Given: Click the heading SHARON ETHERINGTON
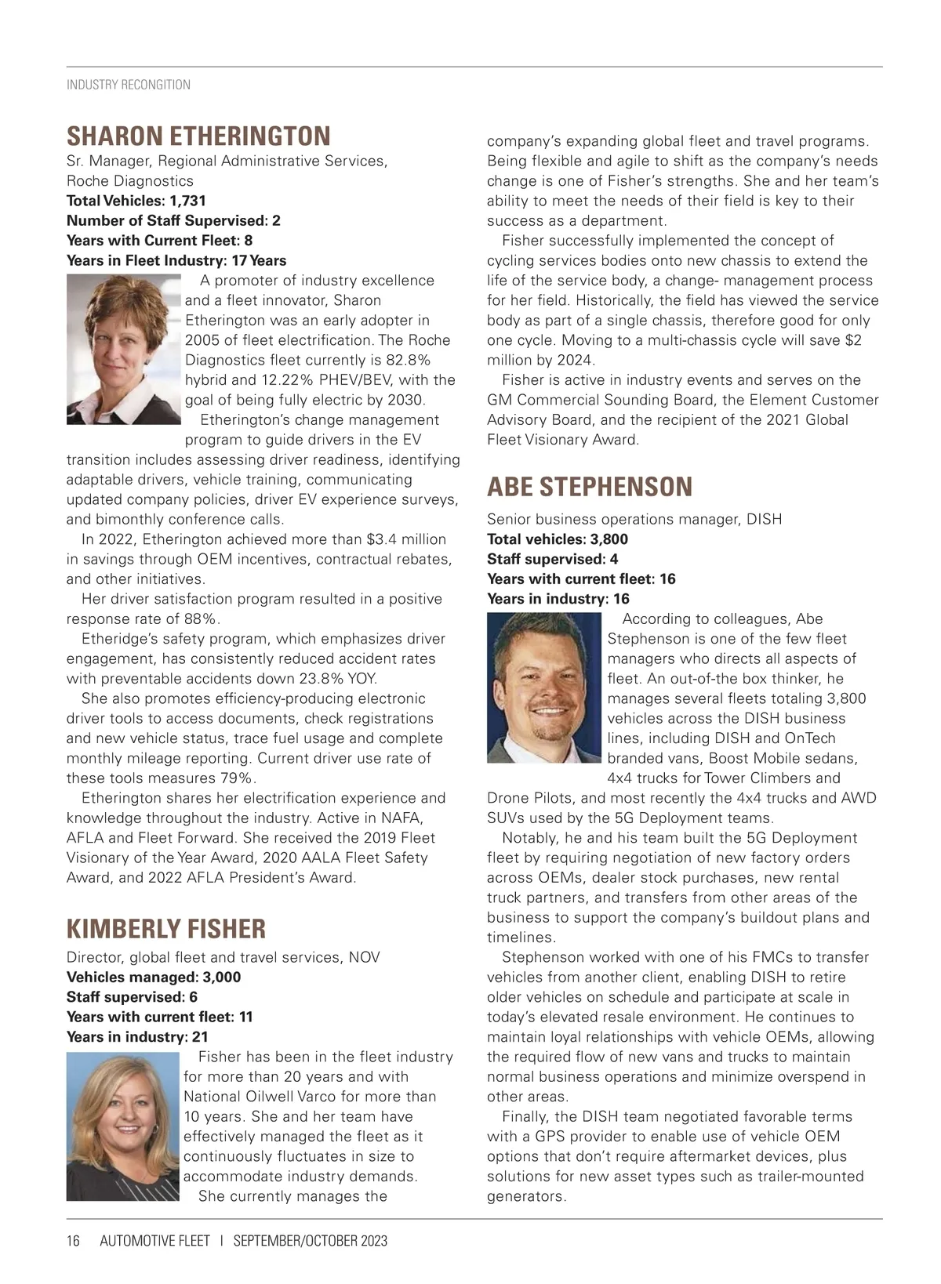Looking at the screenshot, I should point(198,136).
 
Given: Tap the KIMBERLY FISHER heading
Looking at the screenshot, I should point(166,929).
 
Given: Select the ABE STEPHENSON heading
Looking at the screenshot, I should point(590,487).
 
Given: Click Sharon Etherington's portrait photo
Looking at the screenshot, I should point(124,349).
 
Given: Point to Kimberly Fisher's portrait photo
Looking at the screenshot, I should point(123,1126).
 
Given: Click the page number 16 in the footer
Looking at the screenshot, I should point(74,1241).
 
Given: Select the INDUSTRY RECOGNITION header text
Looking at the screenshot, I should point(129,85).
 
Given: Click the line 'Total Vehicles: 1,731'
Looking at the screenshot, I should point(136,201).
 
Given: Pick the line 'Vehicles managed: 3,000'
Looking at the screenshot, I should point(154,977).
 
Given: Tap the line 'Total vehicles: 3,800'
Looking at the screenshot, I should point(558,539).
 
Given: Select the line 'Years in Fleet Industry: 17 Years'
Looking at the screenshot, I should point(176,260).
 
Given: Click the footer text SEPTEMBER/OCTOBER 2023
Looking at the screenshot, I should point(311,1241).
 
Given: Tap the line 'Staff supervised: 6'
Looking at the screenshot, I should point(132,997).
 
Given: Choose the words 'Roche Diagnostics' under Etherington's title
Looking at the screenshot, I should point(130,181).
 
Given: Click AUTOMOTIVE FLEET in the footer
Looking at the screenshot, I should point(155,1241).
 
